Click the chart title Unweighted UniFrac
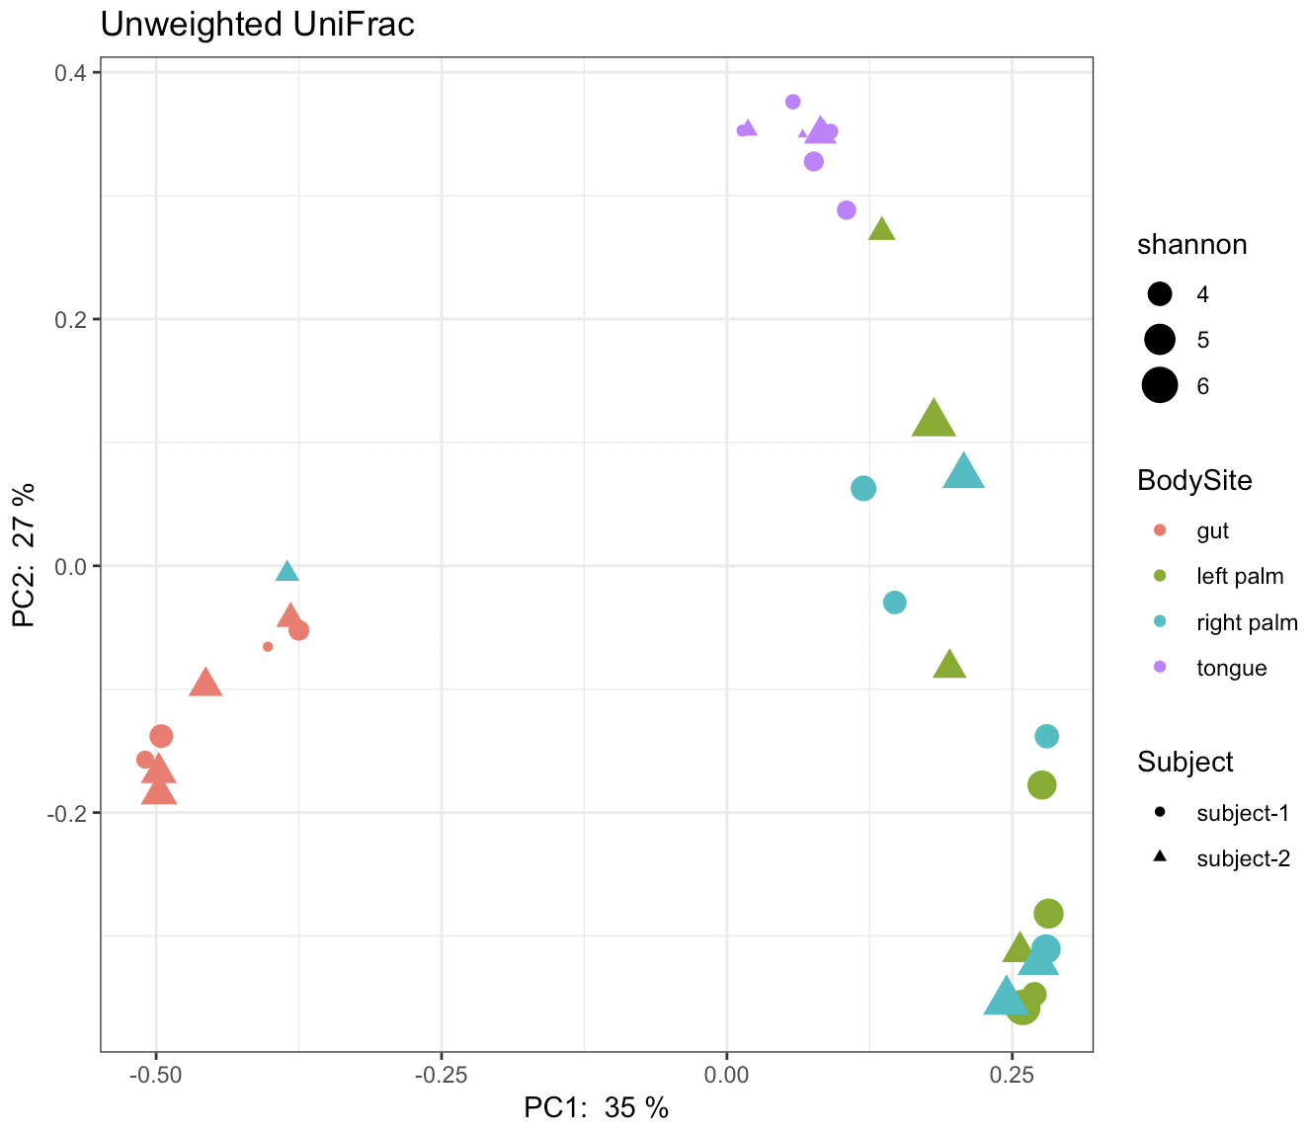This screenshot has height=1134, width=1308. coord(257,24)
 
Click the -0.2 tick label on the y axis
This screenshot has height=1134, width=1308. coord(69,813)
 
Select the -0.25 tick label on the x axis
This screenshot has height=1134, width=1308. coord(441,1073)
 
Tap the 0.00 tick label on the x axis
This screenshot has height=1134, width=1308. coord(726,1073)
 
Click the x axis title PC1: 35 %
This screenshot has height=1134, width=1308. coord(596,1108)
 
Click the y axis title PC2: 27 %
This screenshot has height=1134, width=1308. coord(24,554)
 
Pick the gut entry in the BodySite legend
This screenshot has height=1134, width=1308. coord(1212,530)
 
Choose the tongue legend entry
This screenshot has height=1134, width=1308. coord(1231,668)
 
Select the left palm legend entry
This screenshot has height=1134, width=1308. coord(1239,576)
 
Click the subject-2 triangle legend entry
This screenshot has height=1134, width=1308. coord(1243,858)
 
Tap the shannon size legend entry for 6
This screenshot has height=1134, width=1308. coord(1202,386)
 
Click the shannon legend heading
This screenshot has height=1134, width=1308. coord(1191,245)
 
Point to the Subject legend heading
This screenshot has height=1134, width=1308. coord(1185,762)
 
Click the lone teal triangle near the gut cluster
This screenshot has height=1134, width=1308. coord(287,571)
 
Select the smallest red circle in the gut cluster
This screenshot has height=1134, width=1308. coord(268,647)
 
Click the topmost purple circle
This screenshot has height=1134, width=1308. coord(792,102)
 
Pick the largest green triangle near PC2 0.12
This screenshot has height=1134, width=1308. coord(933,420)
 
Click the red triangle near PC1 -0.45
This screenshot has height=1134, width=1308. coord(205,683)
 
